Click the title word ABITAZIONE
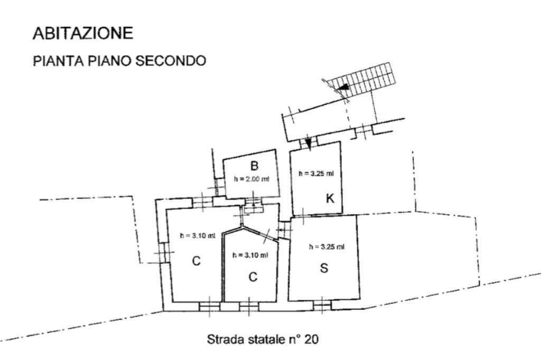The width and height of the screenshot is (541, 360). click(x=83, y=33)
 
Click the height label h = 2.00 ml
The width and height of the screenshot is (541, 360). click(x=251, y=179)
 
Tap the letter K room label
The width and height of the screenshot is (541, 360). click(x=330, y=198)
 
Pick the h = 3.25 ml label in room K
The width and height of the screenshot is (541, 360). click(x=316, y=173)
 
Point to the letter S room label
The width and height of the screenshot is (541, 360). click(x=324, y=268)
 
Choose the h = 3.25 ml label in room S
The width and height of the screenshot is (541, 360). click(x=327, y=247)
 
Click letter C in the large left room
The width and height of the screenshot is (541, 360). click(x=196, y=261)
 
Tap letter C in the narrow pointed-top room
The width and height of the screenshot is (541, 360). click(x=253, y=277)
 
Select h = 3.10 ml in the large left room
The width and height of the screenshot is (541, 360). click(x=198, y=236)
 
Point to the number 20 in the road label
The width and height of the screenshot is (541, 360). click(x=311, y=339)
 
